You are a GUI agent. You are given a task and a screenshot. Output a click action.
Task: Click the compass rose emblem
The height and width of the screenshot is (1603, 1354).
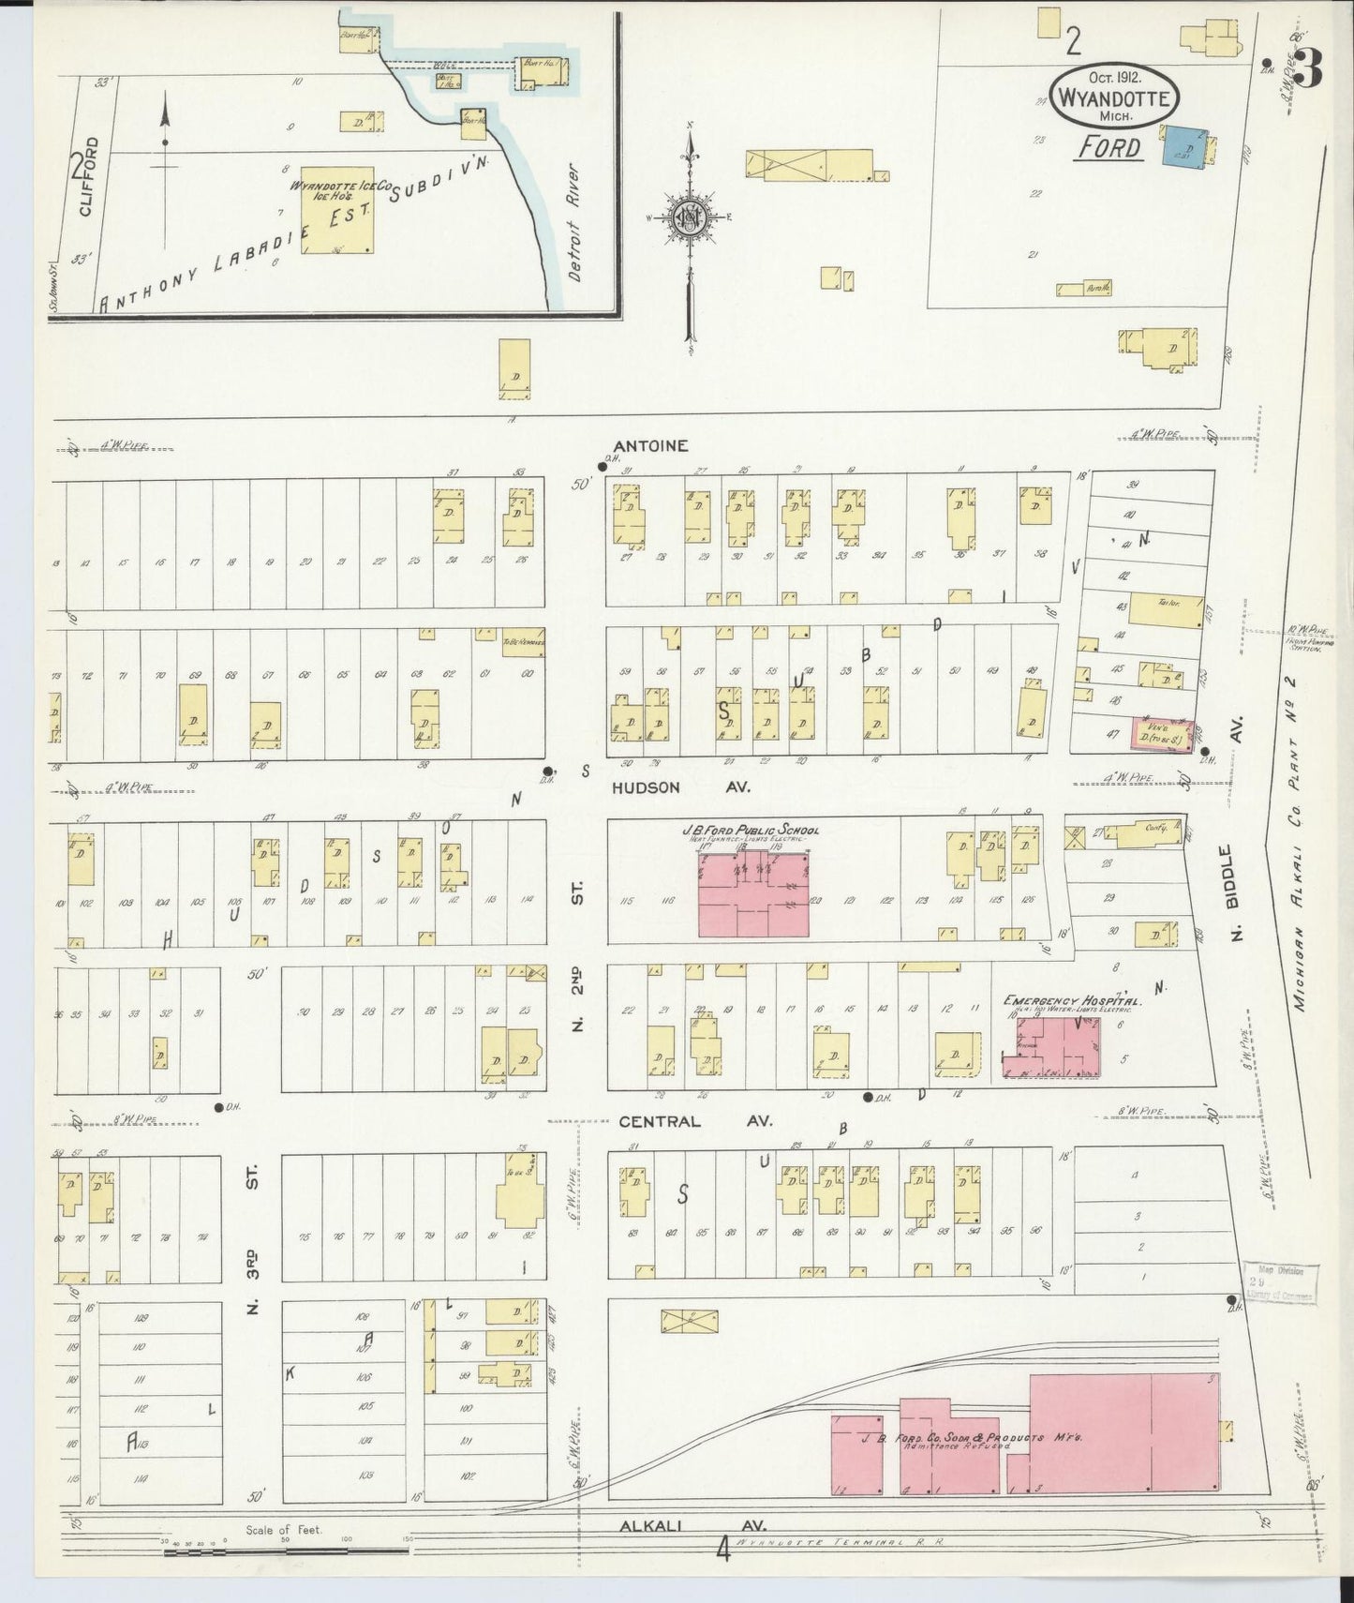(x=691, y=217)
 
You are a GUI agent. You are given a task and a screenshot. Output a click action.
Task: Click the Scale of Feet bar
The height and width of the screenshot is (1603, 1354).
(x=286, y=1551)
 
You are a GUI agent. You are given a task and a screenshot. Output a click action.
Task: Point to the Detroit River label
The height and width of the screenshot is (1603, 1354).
(x=574, y=223)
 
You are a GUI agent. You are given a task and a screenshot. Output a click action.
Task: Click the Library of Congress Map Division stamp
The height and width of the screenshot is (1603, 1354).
(x=1280, y=1282)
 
